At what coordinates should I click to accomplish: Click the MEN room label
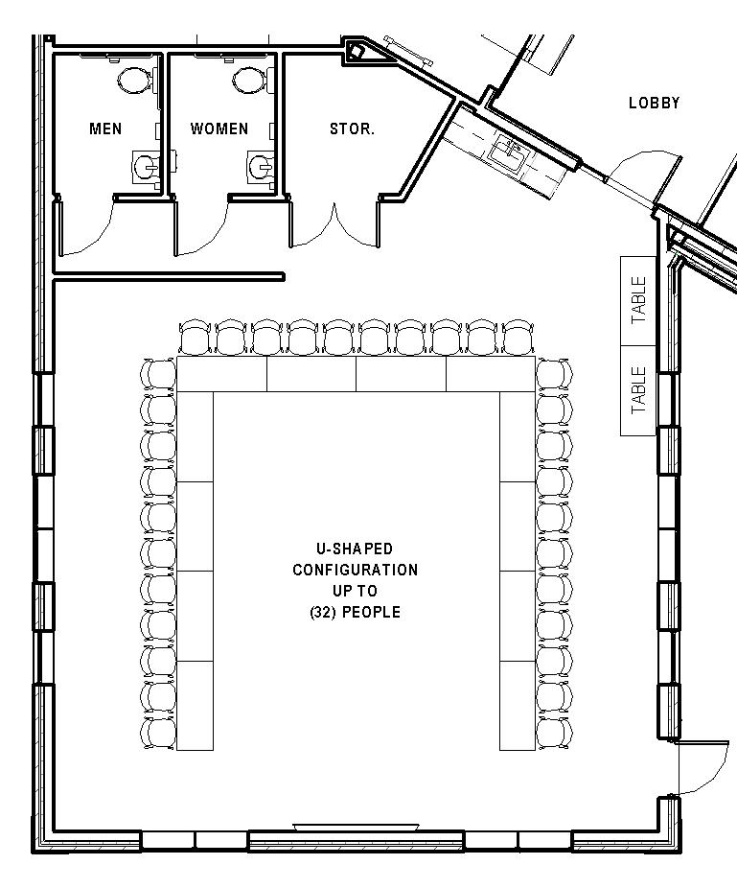[x=105, y=129]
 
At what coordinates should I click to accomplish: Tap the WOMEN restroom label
[x=219, y=129]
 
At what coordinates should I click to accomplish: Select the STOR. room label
[x=352, y=129]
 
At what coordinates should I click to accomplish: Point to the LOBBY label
[x=654, y=103]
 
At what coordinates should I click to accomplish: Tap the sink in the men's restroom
[x=146, y=167]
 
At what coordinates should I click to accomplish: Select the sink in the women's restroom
[x=261, y=167]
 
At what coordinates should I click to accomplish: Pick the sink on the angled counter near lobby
[x=507, y=151]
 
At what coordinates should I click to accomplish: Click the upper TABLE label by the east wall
[x=638, y=299]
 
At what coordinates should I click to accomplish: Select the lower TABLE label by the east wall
[x=638, y=390]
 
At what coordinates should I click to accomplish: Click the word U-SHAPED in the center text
[x=355, y=549]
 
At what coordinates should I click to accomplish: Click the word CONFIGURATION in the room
[x=355, y=570]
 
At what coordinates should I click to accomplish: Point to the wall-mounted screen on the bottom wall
[x=356, y=826]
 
